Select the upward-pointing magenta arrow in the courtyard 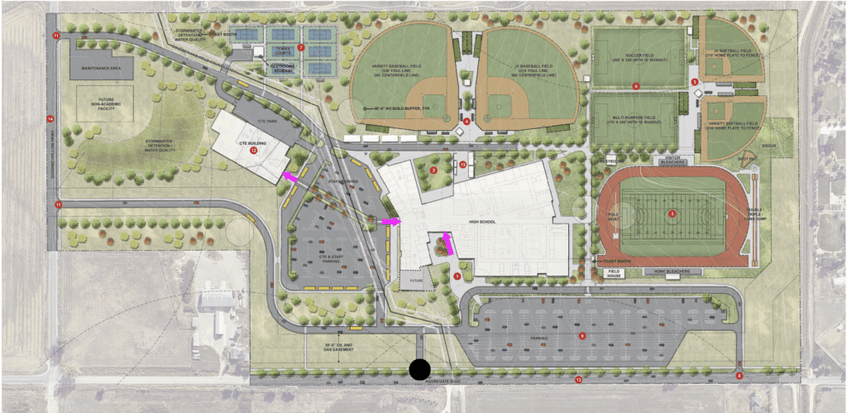(447, 243)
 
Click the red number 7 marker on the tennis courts (302, 48)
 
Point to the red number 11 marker (56, 36)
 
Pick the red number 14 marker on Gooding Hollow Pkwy (50, 119)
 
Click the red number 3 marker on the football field (672, 214)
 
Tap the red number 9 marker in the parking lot (582, 335)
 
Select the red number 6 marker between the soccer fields (635, 85)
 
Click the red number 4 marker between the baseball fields (467, 122)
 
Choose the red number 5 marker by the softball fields (695, 81)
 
